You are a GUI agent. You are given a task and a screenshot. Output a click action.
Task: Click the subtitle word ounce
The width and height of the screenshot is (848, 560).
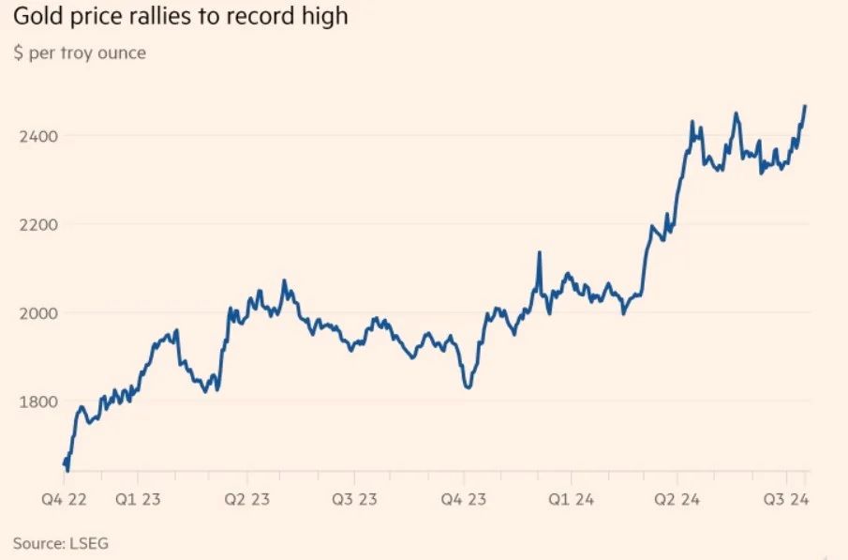tap(122, 53)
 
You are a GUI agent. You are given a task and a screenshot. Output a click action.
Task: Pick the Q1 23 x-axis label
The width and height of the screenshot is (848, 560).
tap(138, 498)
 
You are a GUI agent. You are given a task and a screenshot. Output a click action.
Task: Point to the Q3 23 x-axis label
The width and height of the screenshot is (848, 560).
tap(355, 498)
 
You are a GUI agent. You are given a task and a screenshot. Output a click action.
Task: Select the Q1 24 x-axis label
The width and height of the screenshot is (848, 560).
tap(572, 498)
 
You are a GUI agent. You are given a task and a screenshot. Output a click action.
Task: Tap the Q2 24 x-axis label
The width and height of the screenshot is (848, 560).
tap(679, 498)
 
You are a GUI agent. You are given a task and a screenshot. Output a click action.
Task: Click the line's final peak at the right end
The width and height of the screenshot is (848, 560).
tap(805, 106)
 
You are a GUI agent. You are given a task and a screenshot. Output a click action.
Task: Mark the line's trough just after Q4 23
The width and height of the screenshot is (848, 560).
tap(468, 386)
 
